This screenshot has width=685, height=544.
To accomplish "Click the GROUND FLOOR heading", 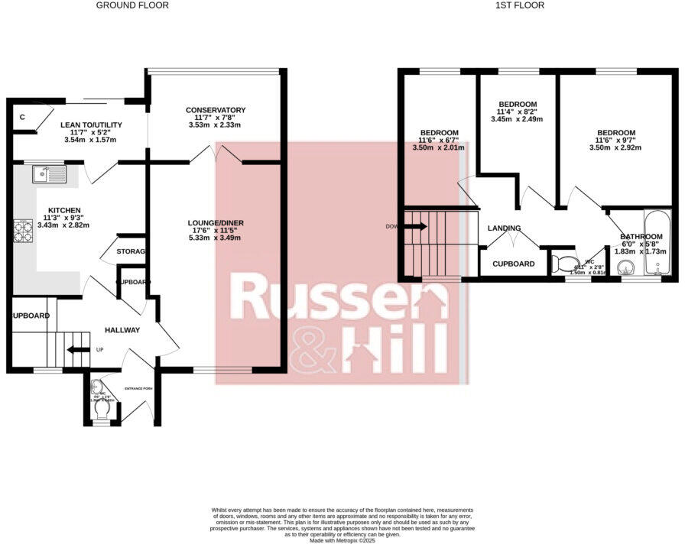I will point(132,5).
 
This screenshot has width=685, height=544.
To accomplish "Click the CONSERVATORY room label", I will point(216,110).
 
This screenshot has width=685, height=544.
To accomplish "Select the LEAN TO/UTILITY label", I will point(91,125).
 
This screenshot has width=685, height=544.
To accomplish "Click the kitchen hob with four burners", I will point(23,230).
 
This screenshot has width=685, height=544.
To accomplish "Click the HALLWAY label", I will point(122,330).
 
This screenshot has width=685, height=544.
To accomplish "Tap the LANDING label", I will point(504,228).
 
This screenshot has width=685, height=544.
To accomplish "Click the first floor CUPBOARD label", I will point(513,264).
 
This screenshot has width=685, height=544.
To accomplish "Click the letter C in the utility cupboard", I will point(23,117).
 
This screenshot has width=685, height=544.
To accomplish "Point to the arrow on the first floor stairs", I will point(417,226).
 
